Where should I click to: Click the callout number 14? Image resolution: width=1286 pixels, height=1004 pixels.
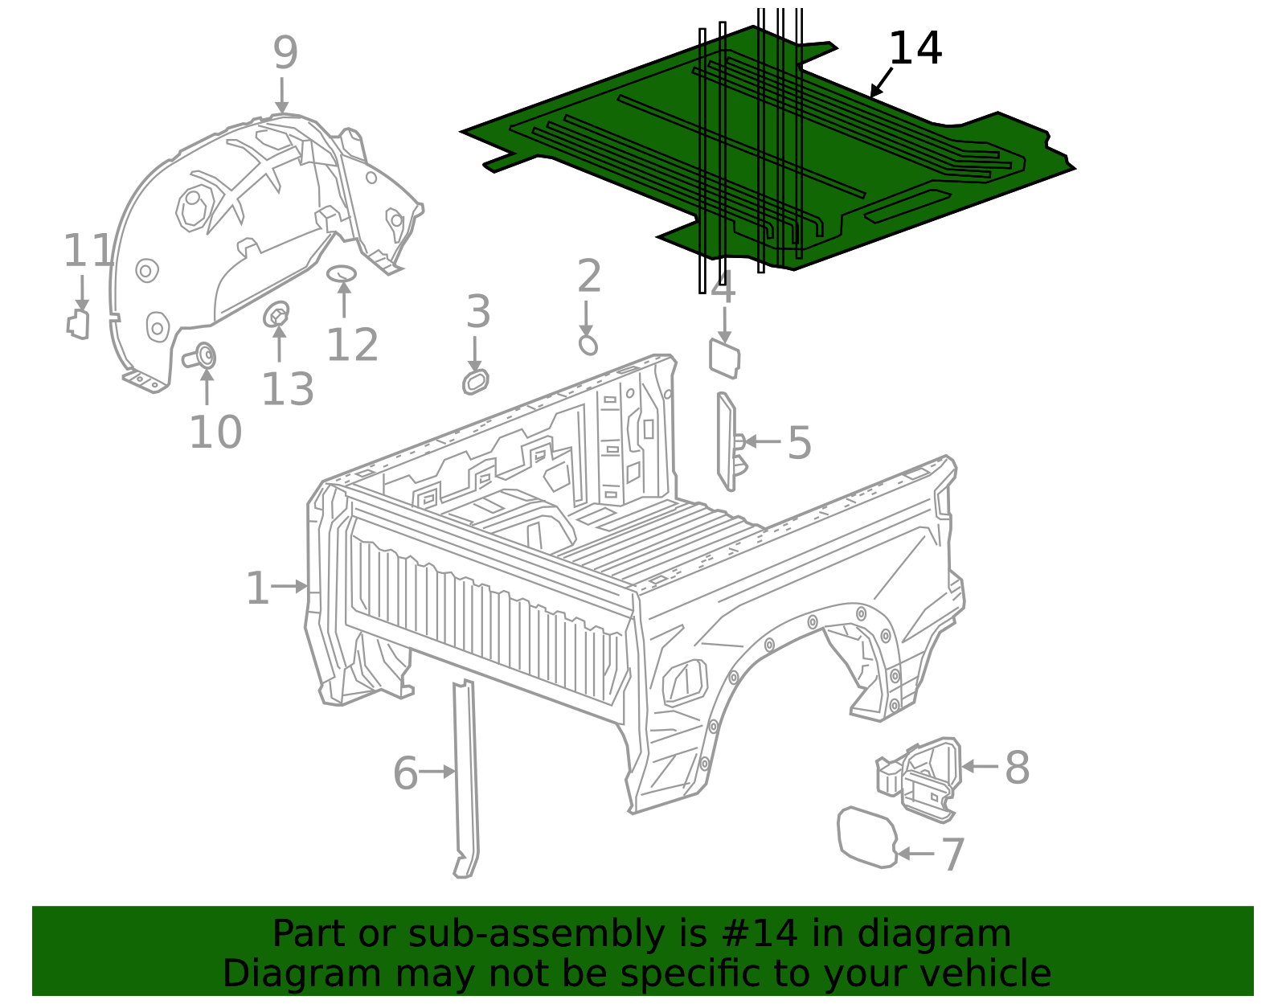click(915, 48)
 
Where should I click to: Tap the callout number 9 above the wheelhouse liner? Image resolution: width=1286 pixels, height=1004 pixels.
click(285, 53)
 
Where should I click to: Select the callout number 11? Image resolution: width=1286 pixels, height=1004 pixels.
click(88, 251)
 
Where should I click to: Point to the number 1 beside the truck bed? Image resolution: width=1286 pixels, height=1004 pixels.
click(257, 588)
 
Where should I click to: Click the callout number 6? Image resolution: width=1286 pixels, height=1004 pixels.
click(405, 773)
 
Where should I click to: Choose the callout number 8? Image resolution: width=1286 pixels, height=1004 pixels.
click(1018, 768)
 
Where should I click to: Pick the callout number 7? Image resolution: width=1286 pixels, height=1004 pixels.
click(952, 854)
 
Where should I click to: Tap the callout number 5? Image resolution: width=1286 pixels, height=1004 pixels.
click(799, 443)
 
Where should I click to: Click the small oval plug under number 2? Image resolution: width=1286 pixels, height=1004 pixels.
click(588, 345)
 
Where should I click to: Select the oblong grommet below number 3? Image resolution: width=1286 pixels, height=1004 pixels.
click(476, 382)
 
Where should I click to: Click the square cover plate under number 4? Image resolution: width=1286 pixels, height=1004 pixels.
click(724, 359)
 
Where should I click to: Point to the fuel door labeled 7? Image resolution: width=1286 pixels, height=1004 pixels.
click(867, 838)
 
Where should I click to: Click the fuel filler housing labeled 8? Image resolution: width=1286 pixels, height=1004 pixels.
click(919, 779)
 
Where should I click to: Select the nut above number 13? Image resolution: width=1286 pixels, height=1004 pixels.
click(276, 314)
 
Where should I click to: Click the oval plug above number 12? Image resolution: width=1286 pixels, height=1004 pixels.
click(342, 273)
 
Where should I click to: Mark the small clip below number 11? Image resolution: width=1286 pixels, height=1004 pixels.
click(78, 324)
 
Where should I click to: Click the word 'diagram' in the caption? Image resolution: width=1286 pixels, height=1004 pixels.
click(934, 934)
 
